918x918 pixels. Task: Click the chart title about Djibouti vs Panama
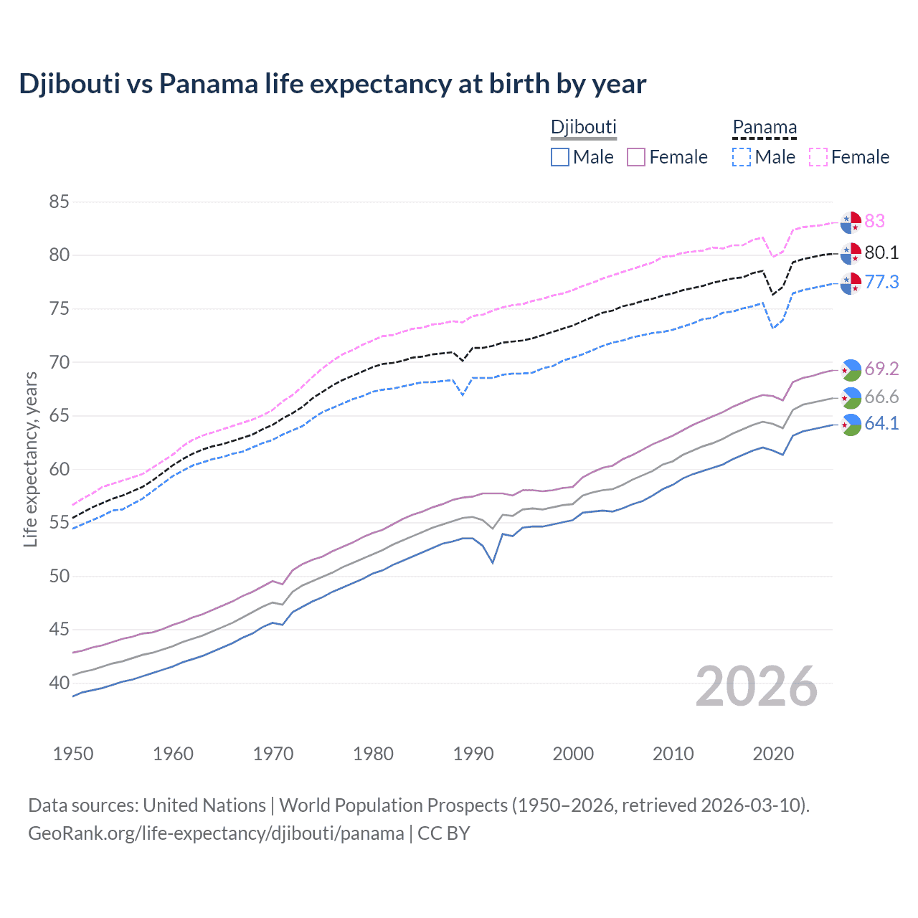333,84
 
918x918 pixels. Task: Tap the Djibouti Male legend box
560,157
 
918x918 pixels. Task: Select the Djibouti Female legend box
636,157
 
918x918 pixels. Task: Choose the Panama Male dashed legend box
742,157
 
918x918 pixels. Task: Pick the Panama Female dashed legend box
818,157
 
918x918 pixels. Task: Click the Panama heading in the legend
765,128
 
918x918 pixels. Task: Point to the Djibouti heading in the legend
584,128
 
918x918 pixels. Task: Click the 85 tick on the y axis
59,202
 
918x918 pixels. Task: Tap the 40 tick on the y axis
59,683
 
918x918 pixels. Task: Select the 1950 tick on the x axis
73,754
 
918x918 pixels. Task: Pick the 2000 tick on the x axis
573,754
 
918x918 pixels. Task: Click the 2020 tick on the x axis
773,754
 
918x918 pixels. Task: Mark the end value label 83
874,222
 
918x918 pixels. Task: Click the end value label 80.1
881,253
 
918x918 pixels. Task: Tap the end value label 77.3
881,283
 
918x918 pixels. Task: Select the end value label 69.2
881,369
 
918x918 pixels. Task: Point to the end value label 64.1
881,424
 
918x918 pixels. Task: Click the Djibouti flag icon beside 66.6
851,397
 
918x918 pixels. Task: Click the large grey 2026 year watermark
757,687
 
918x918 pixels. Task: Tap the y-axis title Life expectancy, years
30,459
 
